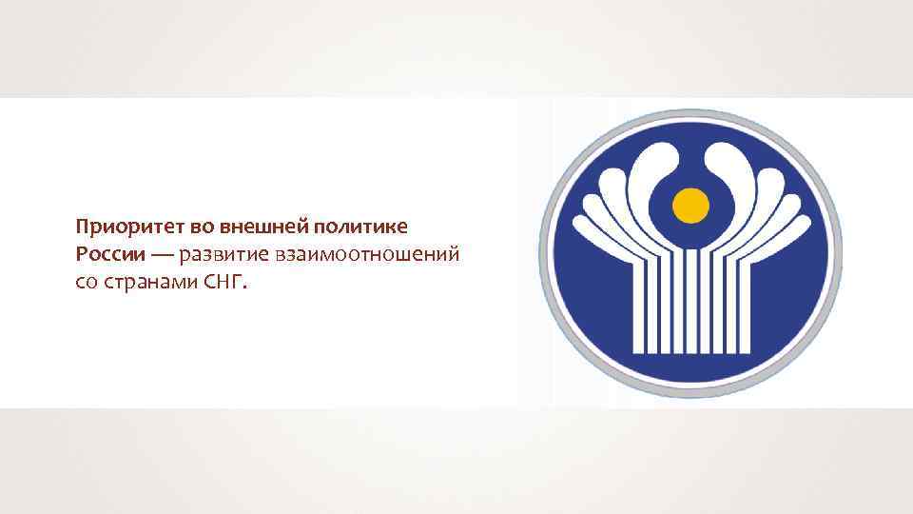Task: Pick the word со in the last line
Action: click(x=86, y=283)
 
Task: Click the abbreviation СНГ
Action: click(x=223, y=283)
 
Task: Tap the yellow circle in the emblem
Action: click(x=691, y=203)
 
